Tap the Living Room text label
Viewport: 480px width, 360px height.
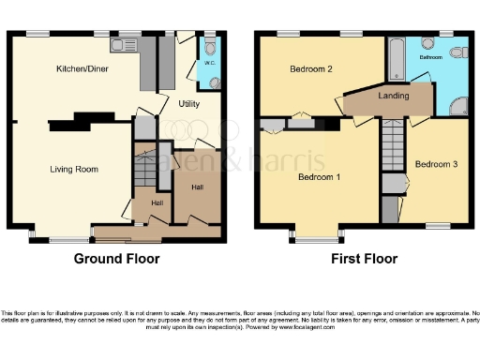(75, 169)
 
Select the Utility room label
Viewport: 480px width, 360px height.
(189, 104)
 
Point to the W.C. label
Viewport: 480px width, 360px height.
(210, 64)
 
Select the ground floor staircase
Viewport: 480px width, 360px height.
(145, 172)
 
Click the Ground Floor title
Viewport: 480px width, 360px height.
(116, 259)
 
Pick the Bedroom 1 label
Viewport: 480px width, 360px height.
(319, 176)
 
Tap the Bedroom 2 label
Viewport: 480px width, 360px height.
(311, 69)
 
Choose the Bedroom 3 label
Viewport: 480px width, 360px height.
(436, 164)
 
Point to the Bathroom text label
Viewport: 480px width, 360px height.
(431, 57)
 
